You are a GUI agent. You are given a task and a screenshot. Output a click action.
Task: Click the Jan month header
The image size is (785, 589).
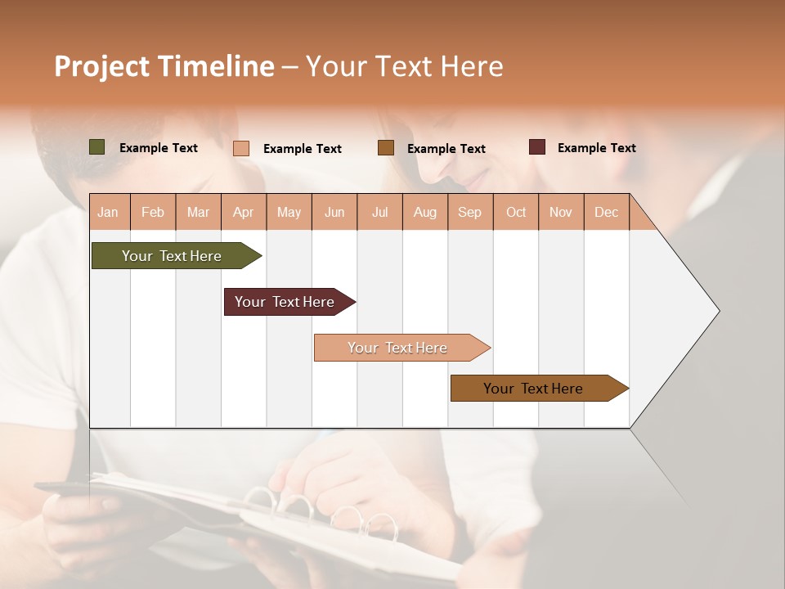point(108,212)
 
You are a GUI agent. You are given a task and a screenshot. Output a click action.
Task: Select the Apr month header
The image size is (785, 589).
point(243,212)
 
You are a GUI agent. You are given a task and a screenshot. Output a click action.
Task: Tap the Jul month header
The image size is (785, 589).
point(379,212)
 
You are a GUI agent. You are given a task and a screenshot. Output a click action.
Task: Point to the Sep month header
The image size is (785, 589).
point(469,212)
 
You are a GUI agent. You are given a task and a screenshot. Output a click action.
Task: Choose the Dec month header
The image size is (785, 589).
point(606,212)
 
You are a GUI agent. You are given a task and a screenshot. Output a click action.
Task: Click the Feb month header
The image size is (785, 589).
point(153,212)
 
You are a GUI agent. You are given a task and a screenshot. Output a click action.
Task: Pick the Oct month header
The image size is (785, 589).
point(516,212)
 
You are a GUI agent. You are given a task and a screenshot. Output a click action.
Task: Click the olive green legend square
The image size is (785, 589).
point(96,147)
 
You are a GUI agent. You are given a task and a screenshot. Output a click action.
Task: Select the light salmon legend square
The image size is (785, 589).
point(241,148)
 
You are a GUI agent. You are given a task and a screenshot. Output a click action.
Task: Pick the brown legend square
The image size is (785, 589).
point(386,148)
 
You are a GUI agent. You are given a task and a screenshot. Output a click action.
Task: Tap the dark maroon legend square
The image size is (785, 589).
point(537,147)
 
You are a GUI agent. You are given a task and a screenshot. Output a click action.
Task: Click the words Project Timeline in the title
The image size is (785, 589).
point(164,66)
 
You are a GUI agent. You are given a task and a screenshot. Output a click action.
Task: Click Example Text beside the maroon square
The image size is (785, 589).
point(596,147)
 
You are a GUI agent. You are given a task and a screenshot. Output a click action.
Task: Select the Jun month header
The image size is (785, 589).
point(334,212)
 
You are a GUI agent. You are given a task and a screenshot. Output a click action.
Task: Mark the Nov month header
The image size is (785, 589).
point(561,212)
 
